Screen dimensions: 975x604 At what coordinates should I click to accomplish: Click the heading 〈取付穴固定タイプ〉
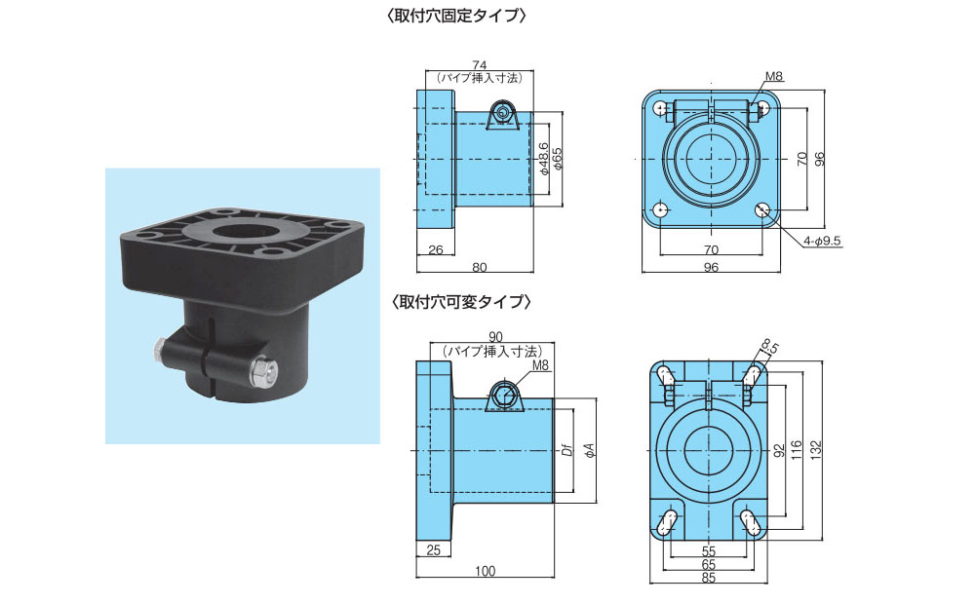coord(456,16)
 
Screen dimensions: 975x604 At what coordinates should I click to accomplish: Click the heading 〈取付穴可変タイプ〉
coord(461,302)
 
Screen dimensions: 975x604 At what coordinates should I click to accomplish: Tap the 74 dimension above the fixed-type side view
coord(480,64)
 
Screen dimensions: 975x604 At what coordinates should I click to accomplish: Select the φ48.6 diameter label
coord(543,159)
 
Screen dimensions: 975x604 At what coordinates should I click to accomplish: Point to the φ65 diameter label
coord(557,159)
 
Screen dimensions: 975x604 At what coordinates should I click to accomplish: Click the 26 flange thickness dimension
coord(436,249)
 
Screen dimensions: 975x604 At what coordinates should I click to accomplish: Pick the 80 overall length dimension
coord(480,267)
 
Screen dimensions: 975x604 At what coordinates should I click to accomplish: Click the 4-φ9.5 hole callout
coord(822,241)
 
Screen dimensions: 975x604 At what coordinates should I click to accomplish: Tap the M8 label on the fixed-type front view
coord(773,76)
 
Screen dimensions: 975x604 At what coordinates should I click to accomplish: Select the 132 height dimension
coord(816,450)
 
